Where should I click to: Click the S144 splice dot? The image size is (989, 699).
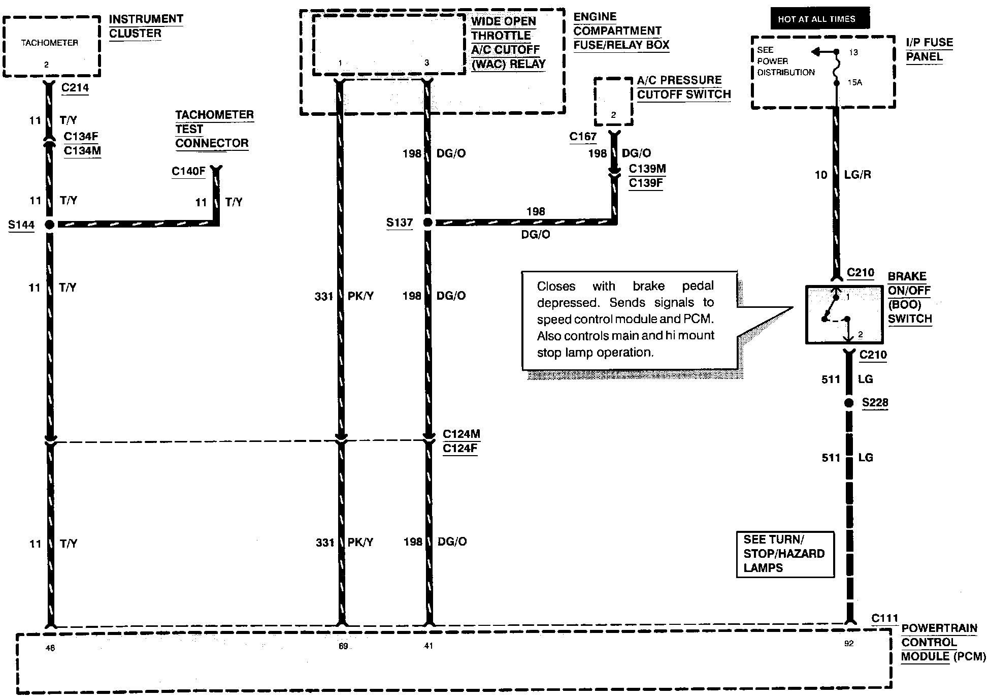(x=50, y=225)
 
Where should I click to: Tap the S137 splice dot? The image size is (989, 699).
(x=428, y=223)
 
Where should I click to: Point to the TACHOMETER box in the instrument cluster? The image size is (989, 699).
(x=51, y=46)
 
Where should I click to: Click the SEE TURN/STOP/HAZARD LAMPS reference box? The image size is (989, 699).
(x=785, y=554)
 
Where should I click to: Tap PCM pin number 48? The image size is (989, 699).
(x=50, y=648)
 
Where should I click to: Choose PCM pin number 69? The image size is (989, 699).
(x=343, y=646)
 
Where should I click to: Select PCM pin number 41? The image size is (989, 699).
(x=428, y=646)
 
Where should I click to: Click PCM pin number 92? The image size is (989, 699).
(x=849, y=643)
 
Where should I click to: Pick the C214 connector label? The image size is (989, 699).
(x=75, y=87)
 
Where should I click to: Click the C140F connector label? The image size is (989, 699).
(x=188, y=171)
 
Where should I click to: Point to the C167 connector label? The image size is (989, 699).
(x=583, y=136)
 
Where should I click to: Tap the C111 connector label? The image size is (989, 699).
(x=885, y=619)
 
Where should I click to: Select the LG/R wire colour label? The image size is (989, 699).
(x=858, y=175)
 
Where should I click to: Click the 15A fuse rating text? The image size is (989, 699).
(x=854, y=82)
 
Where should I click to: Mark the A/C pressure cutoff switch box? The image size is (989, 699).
(x=613, y=102)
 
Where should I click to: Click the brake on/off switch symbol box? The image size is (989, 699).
(x=844, y=315)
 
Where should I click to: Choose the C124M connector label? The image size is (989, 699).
(x=461, y=434)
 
